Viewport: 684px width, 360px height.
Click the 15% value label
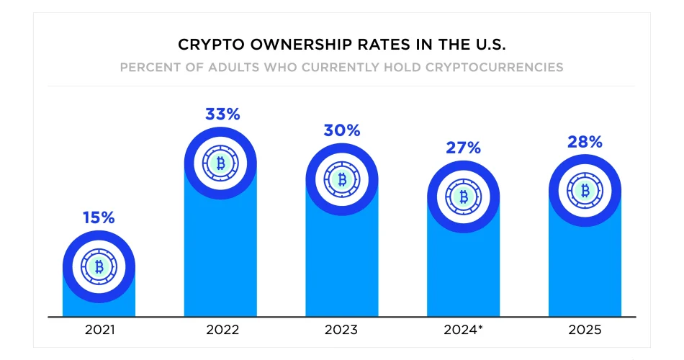[x=99, y=217]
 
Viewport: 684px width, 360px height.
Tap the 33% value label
[x=220, y=114]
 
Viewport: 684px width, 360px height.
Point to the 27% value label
[x=463, y=148]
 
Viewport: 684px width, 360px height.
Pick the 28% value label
[x=585, y=142]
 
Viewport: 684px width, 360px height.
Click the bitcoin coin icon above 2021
[x=99, y=267]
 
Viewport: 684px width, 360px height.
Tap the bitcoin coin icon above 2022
[x=220, y=163]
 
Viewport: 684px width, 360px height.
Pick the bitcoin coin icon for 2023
[x=341, y=179]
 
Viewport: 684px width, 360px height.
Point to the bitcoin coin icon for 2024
[x=463, y=197]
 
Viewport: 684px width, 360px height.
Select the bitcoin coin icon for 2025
[x=585, y=191]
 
